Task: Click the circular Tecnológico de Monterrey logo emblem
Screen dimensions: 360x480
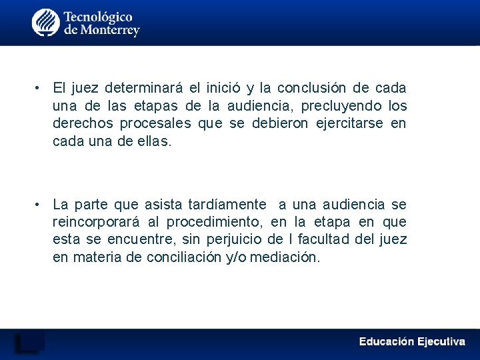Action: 46,23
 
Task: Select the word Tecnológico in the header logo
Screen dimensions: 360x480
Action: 98,16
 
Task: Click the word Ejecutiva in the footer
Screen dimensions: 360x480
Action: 441,341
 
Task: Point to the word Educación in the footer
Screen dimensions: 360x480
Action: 386,341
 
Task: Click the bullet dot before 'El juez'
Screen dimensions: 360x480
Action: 39,88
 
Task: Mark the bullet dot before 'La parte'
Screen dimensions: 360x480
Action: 39,204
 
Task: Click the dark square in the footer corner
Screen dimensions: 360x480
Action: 30,341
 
